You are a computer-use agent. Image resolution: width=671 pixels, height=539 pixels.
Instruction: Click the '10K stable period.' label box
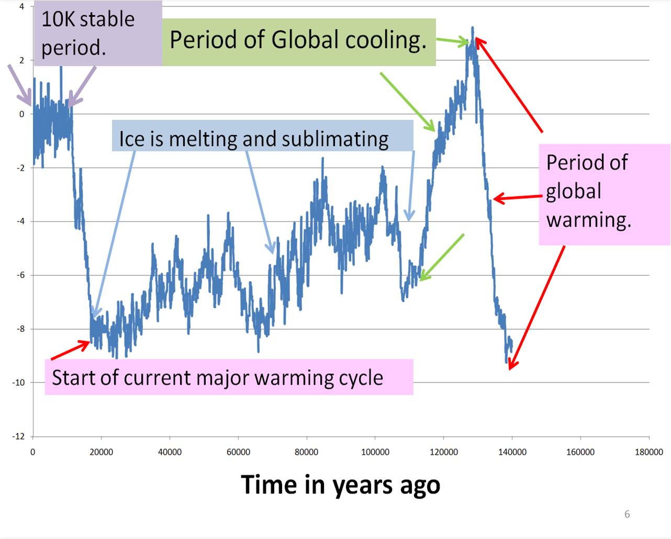pyautogui.click(x=98, y=33)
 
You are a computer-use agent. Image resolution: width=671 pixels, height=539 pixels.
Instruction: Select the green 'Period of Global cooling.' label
pyautogui.click(x=298, y=41)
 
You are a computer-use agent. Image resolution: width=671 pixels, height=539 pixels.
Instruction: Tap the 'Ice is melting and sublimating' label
pyautogui.click(x=254, y=139)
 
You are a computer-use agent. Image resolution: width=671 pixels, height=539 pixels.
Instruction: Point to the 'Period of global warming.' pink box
pyautogui.click(x=605, y=194)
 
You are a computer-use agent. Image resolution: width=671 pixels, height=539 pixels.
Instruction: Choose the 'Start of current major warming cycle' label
pyautogui.click(x=229, y=377)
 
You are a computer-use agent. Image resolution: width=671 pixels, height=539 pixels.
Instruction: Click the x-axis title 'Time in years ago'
pyautogui.click(x=340, y=485)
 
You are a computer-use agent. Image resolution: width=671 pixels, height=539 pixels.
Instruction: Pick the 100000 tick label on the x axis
pyautogui.click(x=375, y=452)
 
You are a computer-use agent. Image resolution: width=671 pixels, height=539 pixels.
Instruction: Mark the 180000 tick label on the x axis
pyautogui.click(x=648, y=452)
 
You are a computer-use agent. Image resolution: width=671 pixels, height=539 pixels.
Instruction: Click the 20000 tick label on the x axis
pyautogui.click(x=101, y=452)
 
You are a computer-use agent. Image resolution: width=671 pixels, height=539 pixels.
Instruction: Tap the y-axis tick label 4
pyautogui.click(x=22, y=7)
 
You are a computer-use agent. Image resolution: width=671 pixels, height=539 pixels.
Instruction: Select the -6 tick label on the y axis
pyautogui.click(x=20, y=275)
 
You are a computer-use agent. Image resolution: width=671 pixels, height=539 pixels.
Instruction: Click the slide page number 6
pyautogui.click(x=627, y=514)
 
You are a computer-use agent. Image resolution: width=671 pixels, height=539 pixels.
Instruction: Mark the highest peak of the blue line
pyautogui.click(x=472, y=28)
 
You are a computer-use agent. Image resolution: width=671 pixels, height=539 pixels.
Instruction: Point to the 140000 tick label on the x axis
pyautogui.click(x=512, y=452)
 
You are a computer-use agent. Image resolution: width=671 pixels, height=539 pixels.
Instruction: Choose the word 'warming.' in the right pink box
pyautogui.click(x=589, y=220)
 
